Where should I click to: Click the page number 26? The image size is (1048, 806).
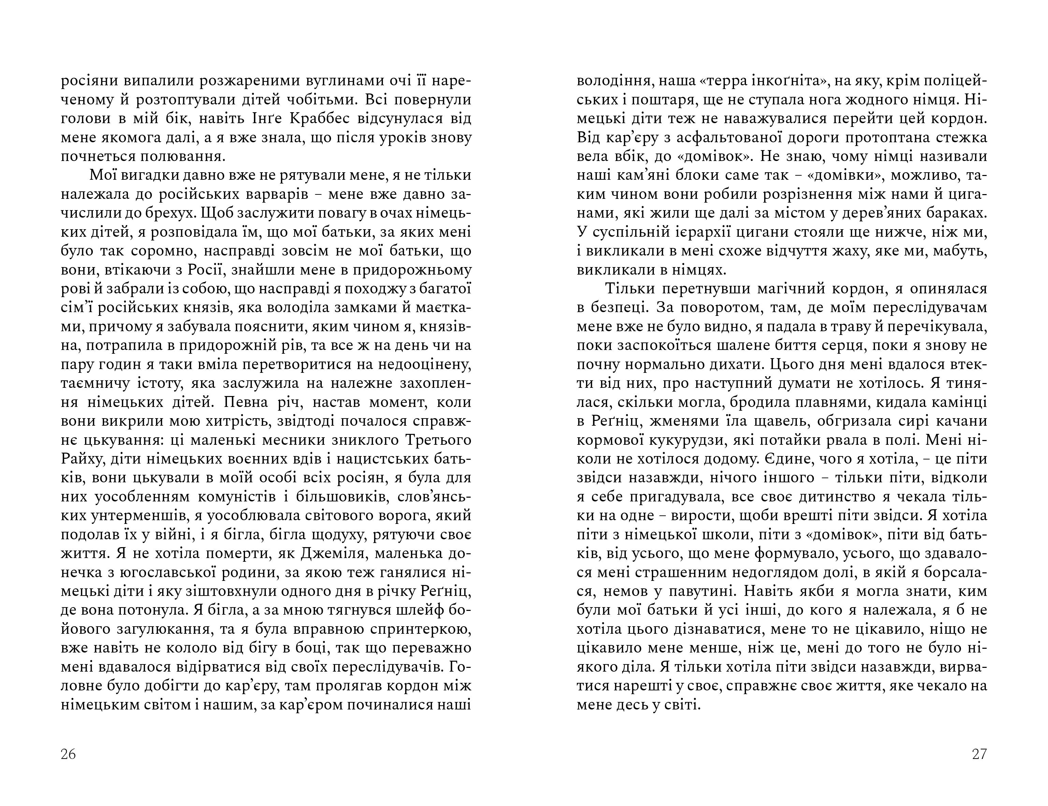pos(69,754)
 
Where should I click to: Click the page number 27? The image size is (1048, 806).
pos(979,754)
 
